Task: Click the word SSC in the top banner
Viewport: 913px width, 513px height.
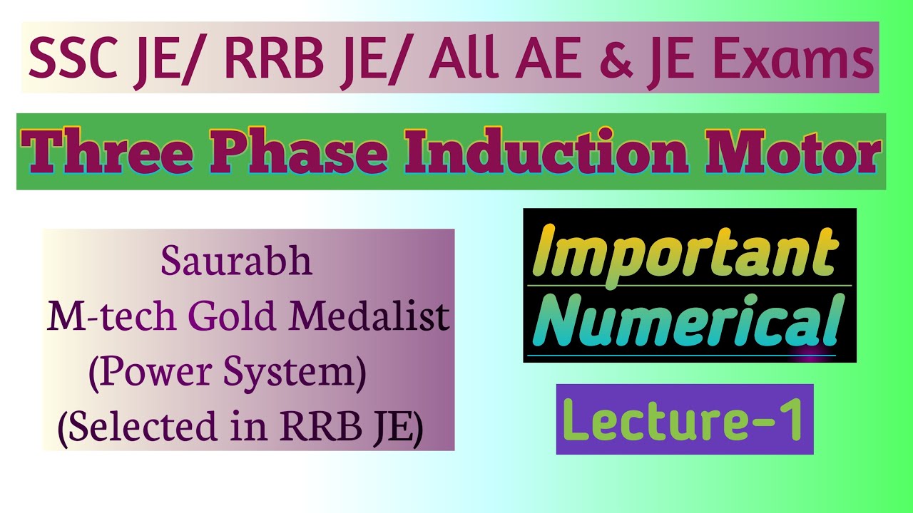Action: (x=71, y=58)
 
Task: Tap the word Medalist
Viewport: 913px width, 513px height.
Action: (x=367, y=317)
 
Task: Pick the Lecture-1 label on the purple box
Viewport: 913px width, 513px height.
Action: (x=683, y=420)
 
